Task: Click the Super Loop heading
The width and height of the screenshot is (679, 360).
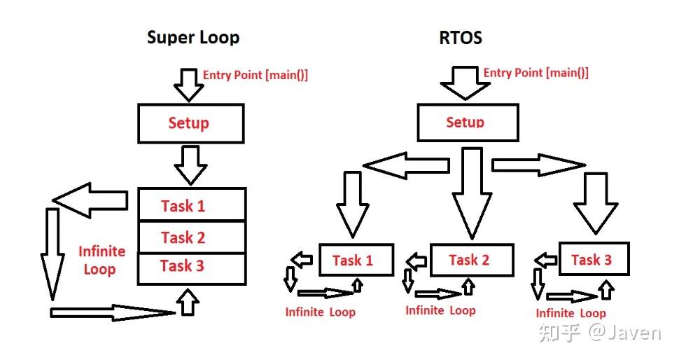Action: [193, 38]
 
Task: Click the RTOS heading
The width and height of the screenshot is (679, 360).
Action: [461, 38]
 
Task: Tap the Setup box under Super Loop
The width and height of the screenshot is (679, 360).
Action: [191, 123]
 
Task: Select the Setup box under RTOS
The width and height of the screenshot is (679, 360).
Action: [468, 122]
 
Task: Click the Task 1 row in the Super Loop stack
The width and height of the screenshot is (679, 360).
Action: [192, 205]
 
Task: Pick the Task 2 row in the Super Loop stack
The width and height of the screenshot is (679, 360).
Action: [192, 237]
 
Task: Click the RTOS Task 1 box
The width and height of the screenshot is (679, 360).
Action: [356, 260]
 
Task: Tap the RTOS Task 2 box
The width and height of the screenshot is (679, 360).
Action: [472, 260]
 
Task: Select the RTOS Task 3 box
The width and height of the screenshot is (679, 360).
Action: [594, 258]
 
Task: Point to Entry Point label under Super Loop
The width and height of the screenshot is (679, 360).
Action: [255, 75]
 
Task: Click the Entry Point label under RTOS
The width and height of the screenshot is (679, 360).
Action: [535, 72]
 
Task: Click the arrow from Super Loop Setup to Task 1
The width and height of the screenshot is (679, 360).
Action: [190, 165]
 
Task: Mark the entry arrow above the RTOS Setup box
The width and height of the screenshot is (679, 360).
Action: [465, 83]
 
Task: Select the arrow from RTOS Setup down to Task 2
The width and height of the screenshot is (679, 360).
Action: [472, 193]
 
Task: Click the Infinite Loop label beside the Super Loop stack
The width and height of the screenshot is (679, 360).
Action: [101, 260]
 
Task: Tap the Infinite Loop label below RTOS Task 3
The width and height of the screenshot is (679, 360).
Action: [570, 313]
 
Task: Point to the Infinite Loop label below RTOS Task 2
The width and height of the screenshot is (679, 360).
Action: [440, 310]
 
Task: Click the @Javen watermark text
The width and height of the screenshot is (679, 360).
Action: [624, 333]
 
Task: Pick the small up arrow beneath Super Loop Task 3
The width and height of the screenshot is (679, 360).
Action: [188, 301]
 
